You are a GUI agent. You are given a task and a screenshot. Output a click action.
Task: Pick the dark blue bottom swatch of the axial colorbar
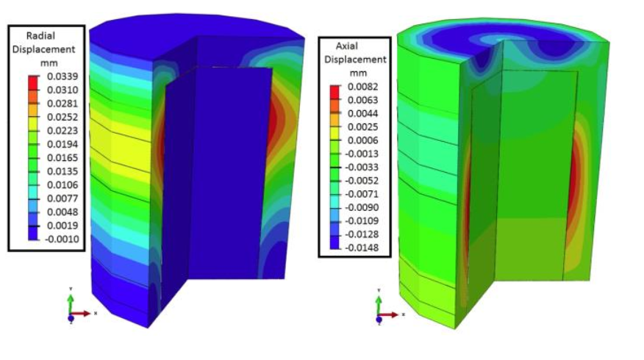[x=336, y=245]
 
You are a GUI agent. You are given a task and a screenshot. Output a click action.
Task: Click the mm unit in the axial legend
[x=358, y=73]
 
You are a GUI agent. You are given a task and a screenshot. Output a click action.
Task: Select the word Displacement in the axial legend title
[x=357, y=60]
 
